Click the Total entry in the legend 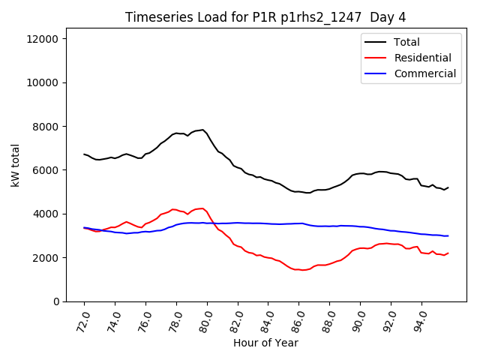[406, 42]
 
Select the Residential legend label [422, 58]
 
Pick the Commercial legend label [424, 73]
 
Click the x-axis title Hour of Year [265, 343]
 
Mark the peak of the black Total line [202, 130]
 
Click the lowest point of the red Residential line [302, 270]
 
